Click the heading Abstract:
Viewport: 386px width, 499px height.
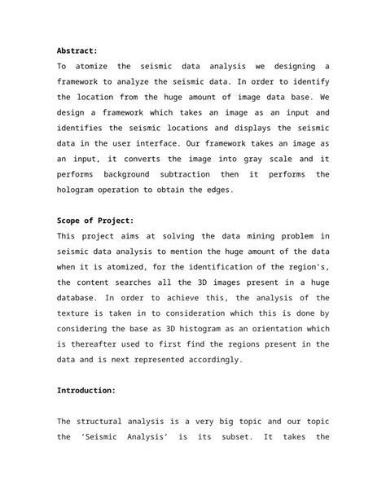click(x=77, y=50)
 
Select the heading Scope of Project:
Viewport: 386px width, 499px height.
click(x=95, y=220)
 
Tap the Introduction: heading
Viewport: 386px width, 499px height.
click(x=86, y=390)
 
